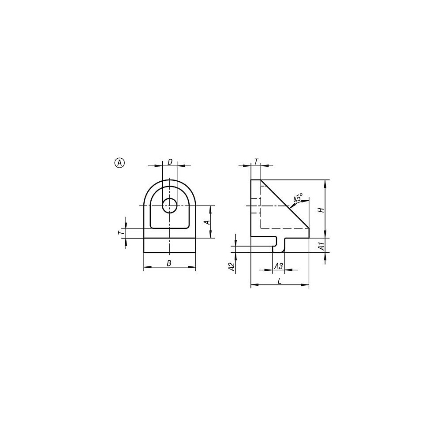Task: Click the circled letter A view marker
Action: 120,163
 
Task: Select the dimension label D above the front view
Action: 170,162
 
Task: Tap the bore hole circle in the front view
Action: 170,206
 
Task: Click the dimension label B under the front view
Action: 169,263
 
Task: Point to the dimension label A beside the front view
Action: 208,222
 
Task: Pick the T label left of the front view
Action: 120,233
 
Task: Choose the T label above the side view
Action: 256,162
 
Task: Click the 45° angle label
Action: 298,197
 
